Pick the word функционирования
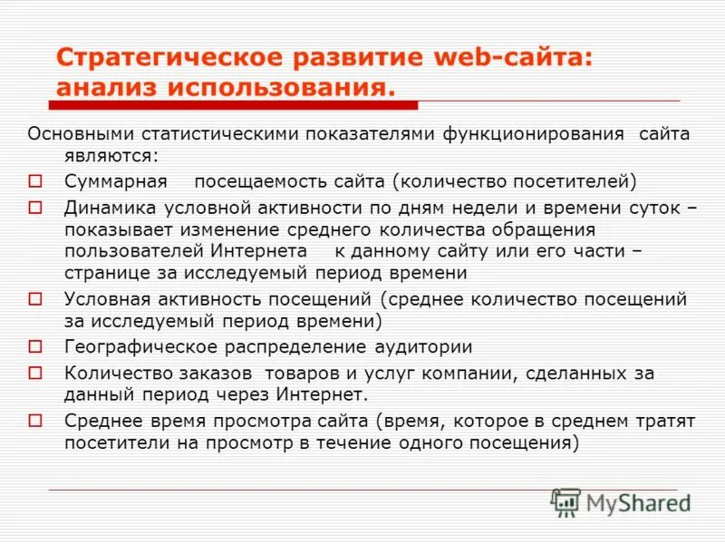coord(534,134)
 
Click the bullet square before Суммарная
coord(36,180)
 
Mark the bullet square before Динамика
coord(36,208)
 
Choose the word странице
coord(101,272)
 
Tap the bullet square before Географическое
coord(36,346)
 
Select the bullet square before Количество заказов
coord(36,373)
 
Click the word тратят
coord(663,422)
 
